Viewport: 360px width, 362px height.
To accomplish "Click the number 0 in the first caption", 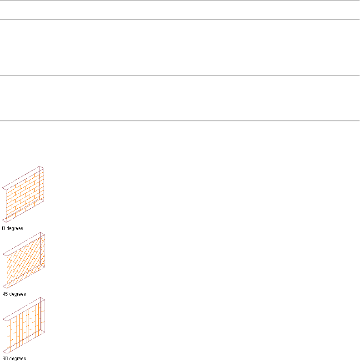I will (4, 228).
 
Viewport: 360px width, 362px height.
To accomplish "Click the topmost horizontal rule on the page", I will (180, 0).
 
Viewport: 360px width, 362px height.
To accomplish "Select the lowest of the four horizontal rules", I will (180, 121).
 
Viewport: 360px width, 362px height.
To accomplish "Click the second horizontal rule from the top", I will (180, 19).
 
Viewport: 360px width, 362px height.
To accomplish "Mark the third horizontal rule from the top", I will (180, 75).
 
